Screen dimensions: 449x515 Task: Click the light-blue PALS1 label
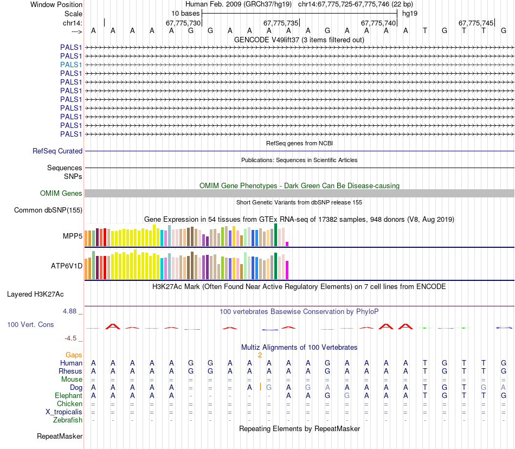(71, 65)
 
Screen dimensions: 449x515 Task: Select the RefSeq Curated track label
(57, 151)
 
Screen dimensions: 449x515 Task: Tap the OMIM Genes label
(61, 194)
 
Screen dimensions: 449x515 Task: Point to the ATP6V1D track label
(67, 266)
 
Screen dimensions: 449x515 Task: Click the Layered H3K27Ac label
(35, 294)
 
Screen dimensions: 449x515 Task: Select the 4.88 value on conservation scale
(70, 311)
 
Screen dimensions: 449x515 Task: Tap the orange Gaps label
(74, 355)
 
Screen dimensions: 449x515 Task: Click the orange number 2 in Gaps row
(260, 355)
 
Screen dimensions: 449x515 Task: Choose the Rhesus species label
(70, 371)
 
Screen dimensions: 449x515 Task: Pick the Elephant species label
(68, 396)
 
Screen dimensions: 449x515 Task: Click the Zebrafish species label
(68, 420)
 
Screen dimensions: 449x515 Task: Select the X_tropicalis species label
(64, 412)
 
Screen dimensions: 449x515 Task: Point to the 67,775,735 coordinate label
(281, 23)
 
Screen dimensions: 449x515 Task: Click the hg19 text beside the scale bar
(410, 12)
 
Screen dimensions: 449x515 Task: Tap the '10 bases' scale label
(185, 12)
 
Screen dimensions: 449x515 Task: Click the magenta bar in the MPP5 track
(287, 243)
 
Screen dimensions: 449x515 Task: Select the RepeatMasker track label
(60, 436)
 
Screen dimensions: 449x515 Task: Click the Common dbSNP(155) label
(48, 210)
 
